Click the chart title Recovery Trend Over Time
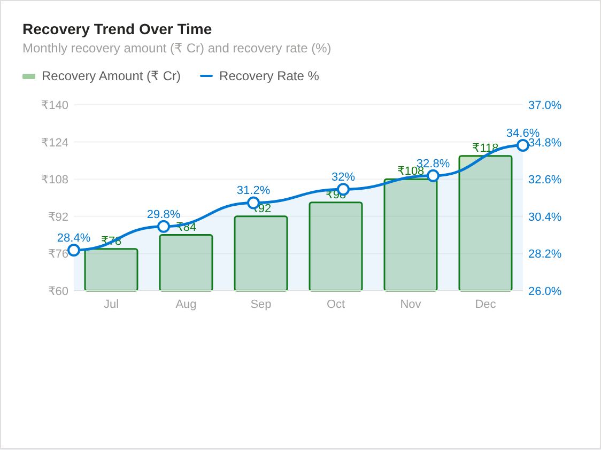coord(117,29)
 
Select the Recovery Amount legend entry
coord(102,76)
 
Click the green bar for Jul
coord(111,270)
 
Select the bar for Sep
coord(261,253)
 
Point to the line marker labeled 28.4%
coord(74,250)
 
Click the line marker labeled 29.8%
coord(164,227)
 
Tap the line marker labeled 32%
coord(343,189)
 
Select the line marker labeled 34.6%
coord(523,145)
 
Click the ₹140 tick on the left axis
coord(55,105)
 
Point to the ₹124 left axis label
coord(55,143)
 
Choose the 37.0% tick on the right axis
coord(544,105)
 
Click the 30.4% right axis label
coord(544,217)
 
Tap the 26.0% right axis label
coord(544,291)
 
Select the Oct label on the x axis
coord(336,304)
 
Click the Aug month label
coord(186,304)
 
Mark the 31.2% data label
coord(253,190)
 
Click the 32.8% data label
coord(433,164)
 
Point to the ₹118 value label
coord(485,148)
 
